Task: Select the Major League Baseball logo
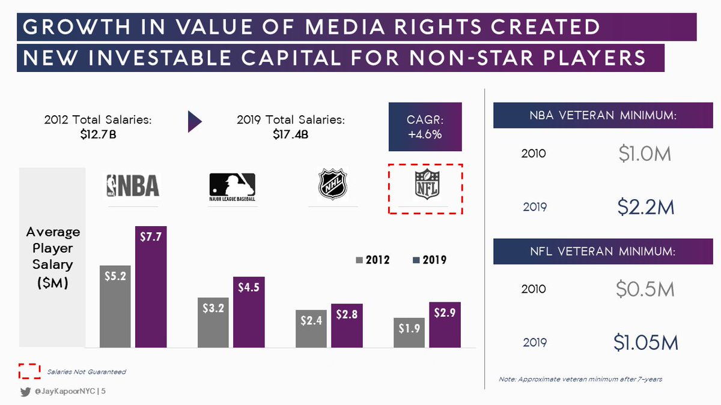pos(232,187)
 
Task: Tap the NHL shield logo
pos(333,184)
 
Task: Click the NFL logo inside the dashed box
pos(428,185)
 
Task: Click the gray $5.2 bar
pos(115,306)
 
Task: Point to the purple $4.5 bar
pos(249,312)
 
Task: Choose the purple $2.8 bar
pos(347,326)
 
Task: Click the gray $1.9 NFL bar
pos(409,332)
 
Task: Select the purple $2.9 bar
pos(445,325)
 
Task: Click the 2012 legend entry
pos(373,260)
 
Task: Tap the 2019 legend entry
pos(429,260)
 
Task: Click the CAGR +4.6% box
pos(425,127)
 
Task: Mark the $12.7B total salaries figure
pos(98,134)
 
